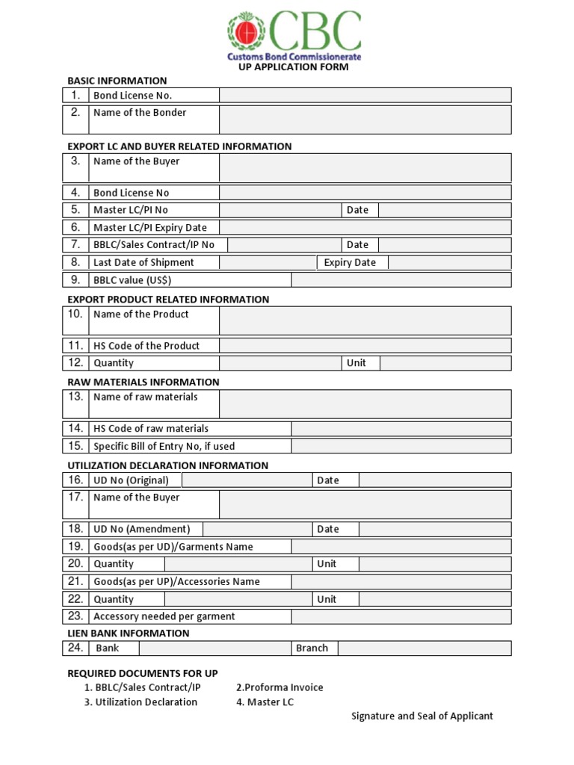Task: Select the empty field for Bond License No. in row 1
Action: pyautogui.click(x=365, y=95)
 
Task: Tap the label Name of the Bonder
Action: pyautogui.click(x=140, y=113)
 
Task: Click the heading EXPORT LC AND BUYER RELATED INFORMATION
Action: pyautogui.click(x=179, y=146)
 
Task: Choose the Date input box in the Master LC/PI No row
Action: pyautogui.click(x=445, y=210)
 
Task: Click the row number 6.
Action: pyautogui.click(x=75, y=227)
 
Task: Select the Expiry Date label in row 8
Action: pyautogui.click(x=350, y=262)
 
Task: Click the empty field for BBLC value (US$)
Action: pyautogui.click(x=401, y=280)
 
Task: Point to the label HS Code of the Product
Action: pyautogui.click(x=146, y=346)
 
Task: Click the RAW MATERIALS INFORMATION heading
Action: pyautogui.click(x=143, y=382)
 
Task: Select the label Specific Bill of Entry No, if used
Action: pyautogui.click(x=164, y=446)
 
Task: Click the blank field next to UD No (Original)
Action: pyautogui.click(x=247, y=480)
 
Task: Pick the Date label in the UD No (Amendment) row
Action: pyautogui.click(x=327, y=529)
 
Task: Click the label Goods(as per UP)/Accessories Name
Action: pyautogui.click(x=176, y=581)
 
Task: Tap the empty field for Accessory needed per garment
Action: pyautogui.click(x=401, y=616)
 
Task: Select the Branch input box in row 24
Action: pyautogui.click(x=424, y=648)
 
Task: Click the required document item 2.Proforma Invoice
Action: pyautogui.click(x=280, y=687)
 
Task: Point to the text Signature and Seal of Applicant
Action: pyautogui.click(x=422, y=716)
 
